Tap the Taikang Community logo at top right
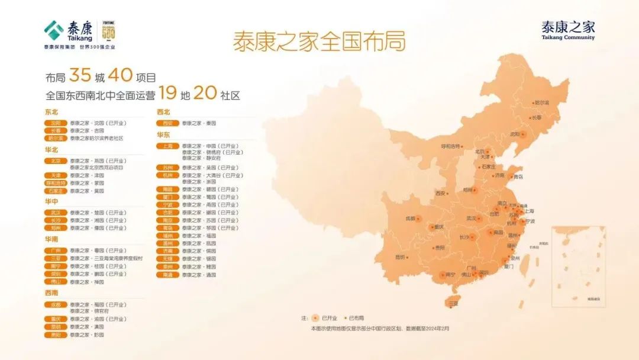568,30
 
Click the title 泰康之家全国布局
319,42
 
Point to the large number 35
79,76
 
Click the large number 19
168,94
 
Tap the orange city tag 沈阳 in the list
56,123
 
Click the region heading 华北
51,150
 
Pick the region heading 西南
51,292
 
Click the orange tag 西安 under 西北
167,123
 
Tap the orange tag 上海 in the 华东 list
167,146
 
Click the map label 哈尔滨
541,102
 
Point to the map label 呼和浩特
451,146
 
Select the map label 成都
410,218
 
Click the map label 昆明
400,257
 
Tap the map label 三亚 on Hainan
453,303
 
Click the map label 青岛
518,176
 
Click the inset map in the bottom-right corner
578,266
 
